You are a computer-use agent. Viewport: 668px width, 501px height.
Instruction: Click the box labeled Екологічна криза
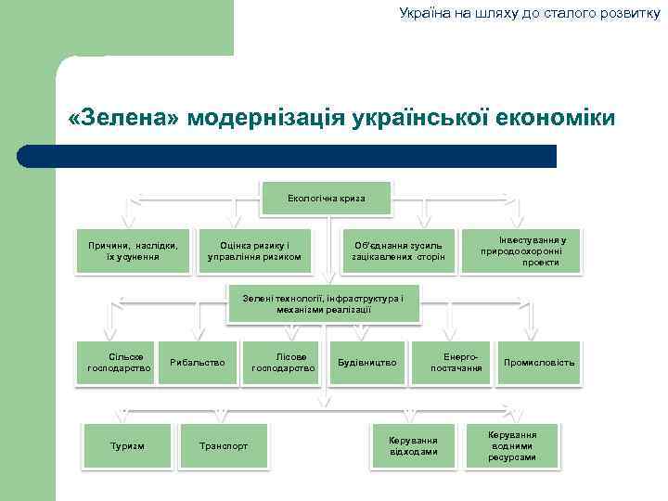326,199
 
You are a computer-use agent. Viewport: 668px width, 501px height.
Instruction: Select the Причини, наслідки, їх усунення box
133,250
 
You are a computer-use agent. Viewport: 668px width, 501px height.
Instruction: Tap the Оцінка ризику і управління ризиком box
254,250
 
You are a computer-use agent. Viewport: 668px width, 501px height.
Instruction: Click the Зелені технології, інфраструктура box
323,304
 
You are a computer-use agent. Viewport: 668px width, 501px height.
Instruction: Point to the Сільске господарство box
119,362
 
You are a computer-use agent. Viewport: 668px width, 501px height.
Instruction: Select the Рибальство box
198,362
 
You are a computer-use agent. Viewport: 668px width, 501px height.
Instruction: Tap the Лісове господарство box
284,362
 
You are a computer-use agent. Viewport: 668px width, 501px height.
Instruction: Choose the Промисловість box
539,362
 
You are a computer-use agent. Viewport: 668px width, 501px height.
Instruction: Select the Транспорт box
224,446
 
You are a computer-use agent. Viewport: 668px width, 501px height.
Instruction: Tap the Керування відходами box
413,445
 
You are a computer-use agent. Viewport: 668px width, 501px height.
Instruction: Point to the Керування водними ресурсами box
513,445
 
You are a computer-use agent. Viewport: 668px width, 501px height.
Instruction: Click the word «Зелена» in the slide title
123,119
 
